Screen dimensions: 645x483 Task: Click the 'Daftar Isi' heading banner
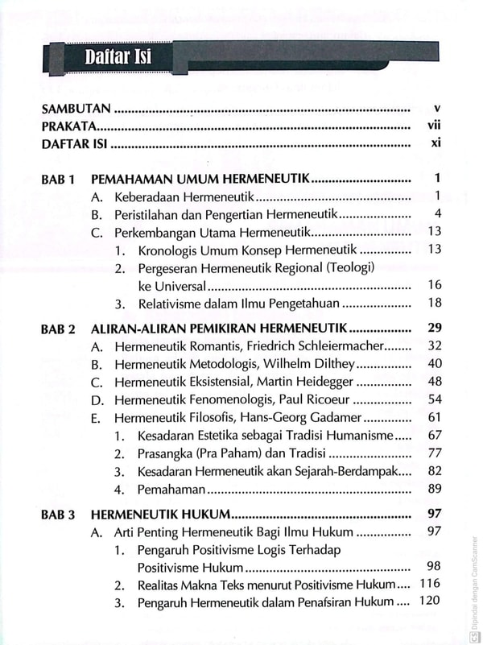tap(118, 57)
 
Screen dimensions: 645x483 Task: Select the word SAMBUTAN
tap(76, 106)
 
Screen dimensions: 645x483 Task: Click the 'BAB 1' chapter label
tap(58, 179)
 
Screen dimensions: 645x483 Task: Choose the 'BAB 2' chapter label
tap(58, 329)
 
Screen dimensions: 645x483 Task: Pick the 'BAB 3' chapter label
tap(58, 515)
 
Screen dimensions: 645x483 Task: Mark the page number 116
tap(431, 584)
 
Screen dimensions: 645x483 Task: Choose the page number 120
tap(431, 602)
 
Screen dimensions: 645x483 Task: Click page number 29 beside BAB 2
tap(435, 329)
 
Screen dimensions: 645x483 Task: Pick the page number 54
tap(435, 400)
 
